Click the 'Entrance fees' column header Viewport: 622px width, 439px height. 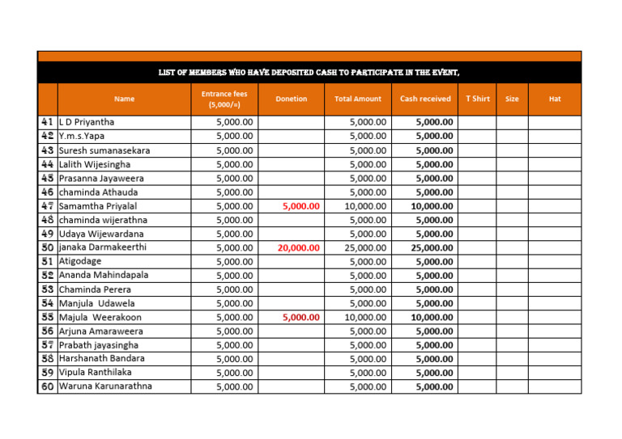(x=224, y=99)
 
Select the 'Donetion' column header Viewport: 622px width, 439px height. (x=292, y=99)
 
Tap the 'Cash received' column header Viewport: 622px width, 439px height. (x=425, y=99)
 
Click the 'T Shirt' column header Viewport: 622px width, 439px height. (x=478, y=99)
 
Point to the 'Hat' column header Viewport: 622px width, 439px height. (x=555, y=99)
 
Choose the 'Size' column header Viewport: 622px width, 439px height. (x=512, y=99)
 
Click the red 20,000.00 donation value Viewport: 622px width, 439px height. (x=298, y=248)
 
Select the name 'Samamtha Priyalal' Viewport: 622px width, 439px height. (x=98, y=206)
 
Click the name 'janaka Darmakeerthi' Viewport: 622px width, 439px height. (x=103, y=247)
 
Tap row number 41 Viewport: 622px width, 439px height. (x=47, y=122)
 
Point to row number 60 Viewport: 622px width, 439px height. (x=47, y=386)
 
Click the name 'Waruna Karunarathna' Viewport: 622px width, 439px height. (x=105, y=386)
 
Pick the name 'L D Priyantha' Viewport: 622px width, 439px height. (x=87, y=122)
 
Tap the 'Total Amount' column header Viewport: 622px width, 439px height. (x=357, y=99)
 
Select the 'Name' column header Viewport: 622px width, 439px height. (x=125, y=99)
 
